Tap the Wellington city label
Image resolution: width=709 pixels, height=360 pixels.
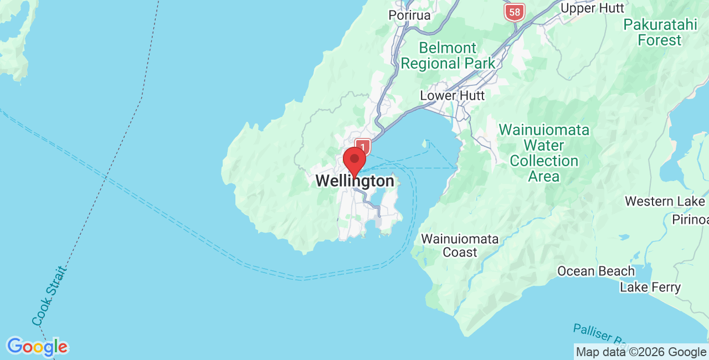(355, 181)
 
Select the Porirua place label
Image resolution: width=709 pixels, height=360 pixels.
(409, 15)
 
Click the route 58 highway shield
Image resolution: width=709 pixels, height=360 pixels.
(515, 12)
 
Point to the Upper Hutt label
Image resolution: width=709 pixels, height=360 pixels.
(592, 8)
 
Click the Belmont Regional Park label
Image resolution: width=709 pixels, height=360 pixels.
(448, 55)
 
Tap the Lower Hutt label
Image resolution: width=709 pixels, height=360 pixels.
(452, 95)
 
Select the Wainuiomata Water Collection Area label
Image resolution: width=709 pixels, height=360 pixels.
(544, 153)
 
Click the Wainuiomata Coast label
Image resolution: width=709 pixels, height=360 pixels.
(460, 245)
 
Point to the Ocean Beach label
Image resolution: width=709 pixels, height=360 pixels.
(596, 271)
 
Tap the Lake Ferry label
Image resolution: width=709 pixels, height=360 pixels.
(650, 287)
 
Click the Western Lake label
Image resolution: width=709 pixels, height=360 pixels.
(665, 201)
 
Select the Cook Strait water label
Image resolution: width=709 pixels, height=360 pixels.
(49, 296)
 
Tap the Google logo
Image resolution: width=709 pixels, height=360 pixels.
(37, 347)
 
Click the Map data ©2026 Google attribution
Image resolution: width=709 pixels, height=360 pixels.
(641, 352)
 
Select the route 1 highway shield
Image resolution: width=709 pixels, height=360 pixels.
(362, 147)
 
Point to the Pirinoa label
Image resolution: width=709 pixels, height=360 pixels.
(690, 220)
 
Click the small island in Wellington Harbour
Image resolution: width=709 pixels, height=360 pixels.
(425, 145)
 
